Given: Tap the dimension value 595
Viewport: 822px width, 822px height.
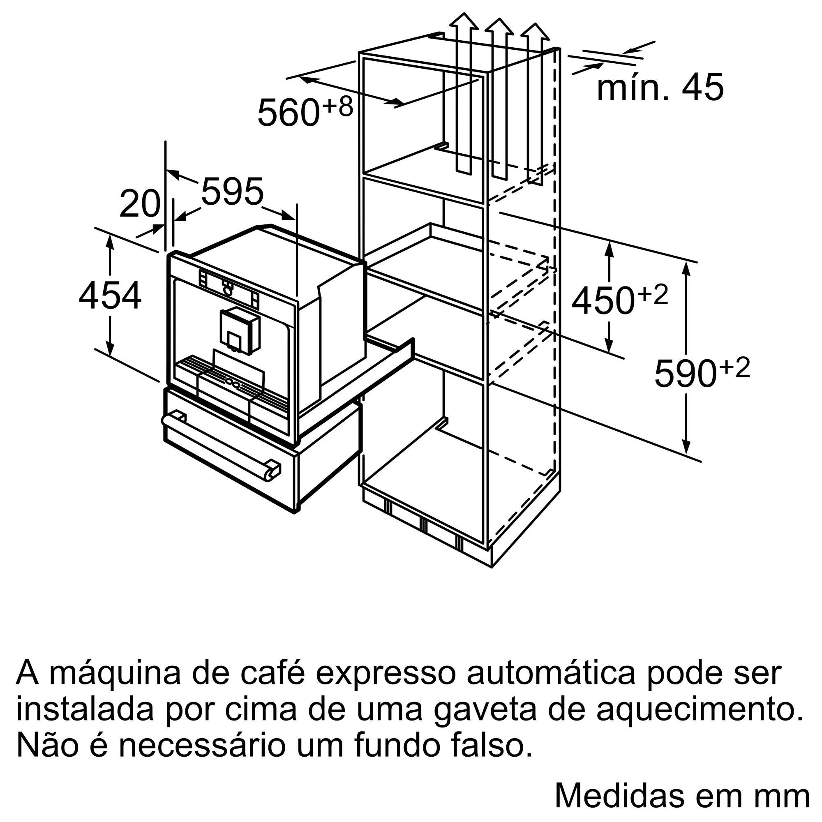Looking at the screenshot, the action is [232, 192].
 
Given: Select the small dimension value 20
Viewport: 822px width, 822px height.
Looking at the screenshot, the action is [140, 204].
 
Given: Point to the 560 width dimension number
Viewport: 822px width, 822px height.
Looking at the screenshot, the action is [289, 112].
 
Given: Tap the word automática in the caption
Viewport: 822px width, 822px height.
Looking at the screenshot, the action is [551, 673].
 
